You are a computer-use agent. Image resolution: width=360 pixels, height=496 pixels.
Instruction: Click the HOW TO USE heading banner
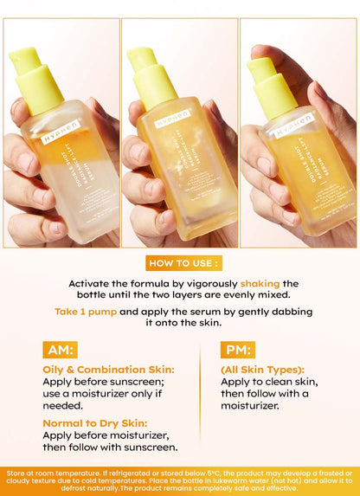(180, 262)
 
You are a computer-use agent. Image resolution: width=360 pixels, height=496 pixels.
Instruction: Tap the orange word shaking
(260, 283)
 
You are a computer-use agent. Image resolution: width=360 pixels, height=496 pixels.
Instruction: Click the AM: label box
(60, 349)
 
